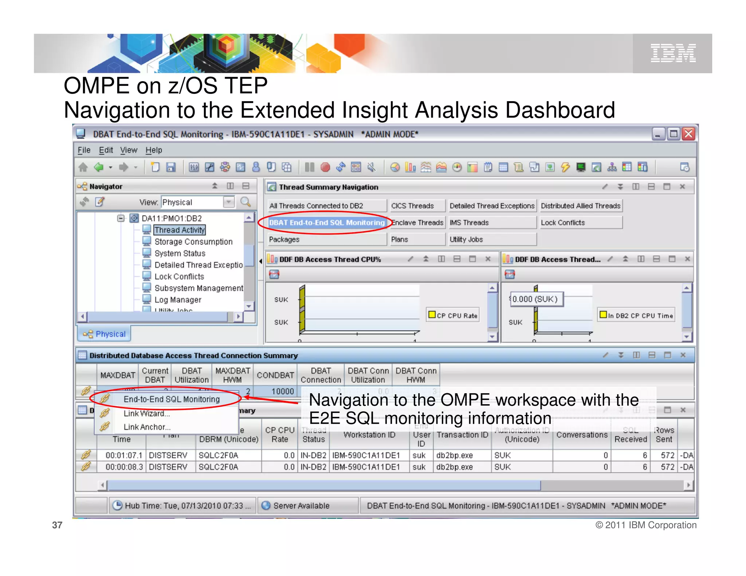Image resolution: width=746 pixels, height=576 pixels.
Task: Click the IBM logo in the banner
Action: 673,53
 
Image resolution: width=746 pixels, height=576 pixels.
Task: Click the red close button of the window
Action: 688,134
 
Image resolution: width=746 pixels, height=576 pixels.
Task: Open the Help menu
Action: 154,150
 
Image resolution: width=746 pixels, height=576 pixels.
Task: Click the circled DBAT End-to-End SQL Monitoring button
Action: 327,222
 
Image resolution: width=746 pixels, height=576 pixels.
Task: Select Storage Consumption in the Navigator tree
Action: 193,242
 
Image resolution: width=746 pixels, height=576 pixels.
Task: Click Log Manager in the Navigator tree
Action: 177,300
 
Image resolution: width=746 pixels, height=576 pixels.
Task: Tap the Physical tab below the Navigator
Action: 105,334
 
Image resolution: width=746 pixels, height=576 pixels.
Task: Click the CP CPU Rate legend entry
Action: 453,315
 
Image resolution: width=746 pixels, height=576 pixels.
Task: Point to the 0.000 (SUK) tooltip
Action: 535,299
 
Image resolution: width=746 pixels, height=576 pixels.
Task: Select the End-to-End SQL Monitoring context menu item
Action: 171,399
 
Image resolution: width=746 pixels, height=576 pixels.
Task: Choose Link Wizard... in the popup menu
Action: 146,414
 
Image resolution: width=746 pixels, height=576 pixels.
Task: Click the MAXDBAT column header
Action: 117,375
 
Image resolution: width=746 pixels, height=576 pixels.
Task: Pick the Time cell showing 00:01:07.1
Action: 123,455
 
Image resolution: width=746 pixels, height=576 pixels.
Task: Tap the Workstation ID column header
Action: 369,435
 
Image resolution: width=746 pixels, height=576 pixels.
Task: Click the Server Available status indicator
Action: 301,505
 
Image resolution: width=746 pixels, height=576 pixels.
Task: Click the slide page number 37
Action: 57,525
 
